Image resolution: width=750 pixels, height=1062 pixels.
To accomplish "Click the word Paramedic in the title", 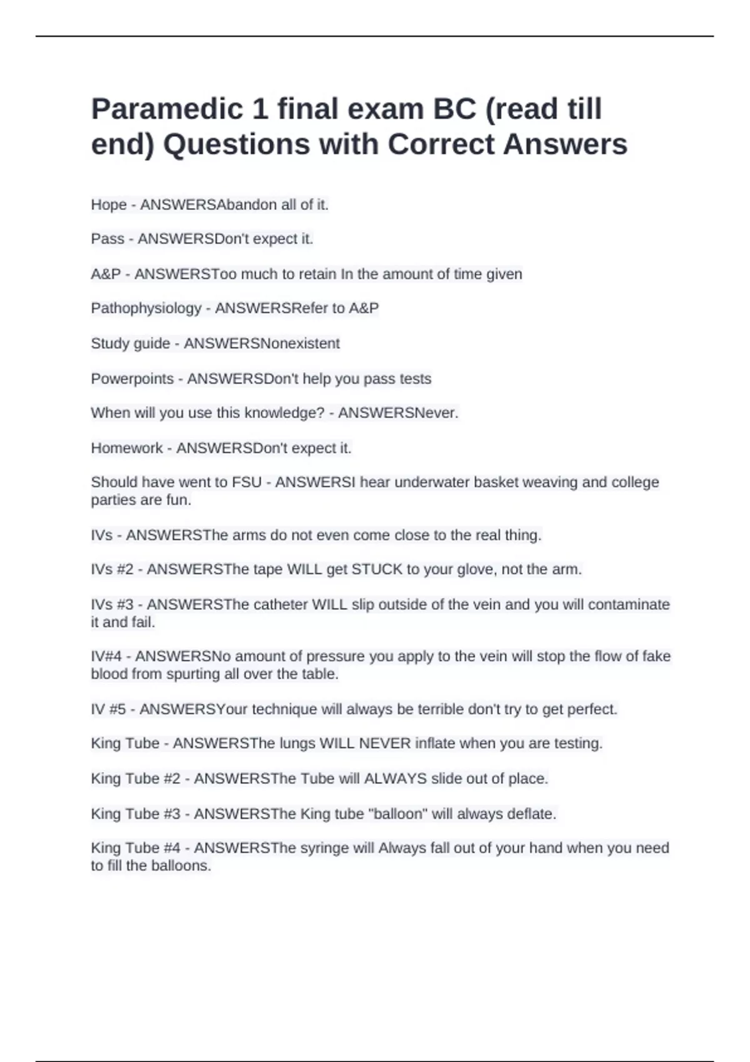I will pyautogui.click(x=167, y=110).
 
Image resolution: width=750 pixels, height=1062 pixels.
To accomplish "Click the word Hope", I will pyautogui.click(x=109, y=205).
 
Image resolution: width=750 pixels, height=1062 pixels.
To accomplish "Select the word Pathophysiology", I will pyautogui.click(x=146, y=309).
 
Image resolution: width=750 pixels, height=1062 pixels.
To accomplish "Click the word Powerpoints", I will pyautogui.click(x=132, y=379).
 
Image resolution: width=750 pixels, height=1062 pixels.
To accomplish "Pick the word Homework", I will pyautogui.click(x=127, y=449).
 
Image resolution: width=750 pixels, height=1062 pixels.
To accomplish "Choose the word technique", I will pyautogui.click(x=284, y=710).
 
